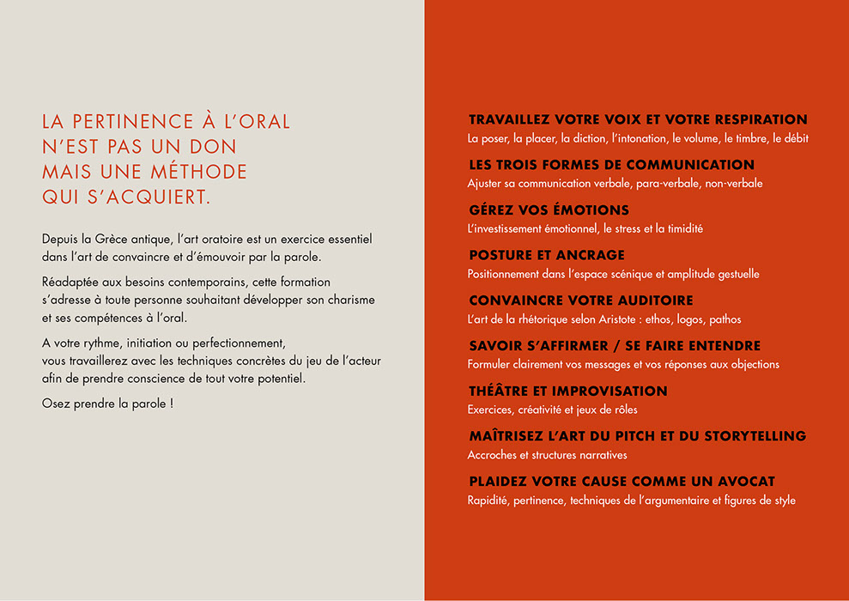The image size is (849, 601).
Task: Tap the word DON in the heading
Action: pyautogui.click(x=215, y=147)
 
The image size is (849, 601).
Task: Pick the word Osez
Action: pyautogui.click(x=56, y=402)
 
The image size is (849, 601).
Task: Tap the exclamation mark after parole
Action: pyautogui.click(x=172, y=402)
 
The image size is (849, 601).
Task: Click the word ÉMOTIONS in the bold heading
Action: pyautogui.click(x=585, y=210)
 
